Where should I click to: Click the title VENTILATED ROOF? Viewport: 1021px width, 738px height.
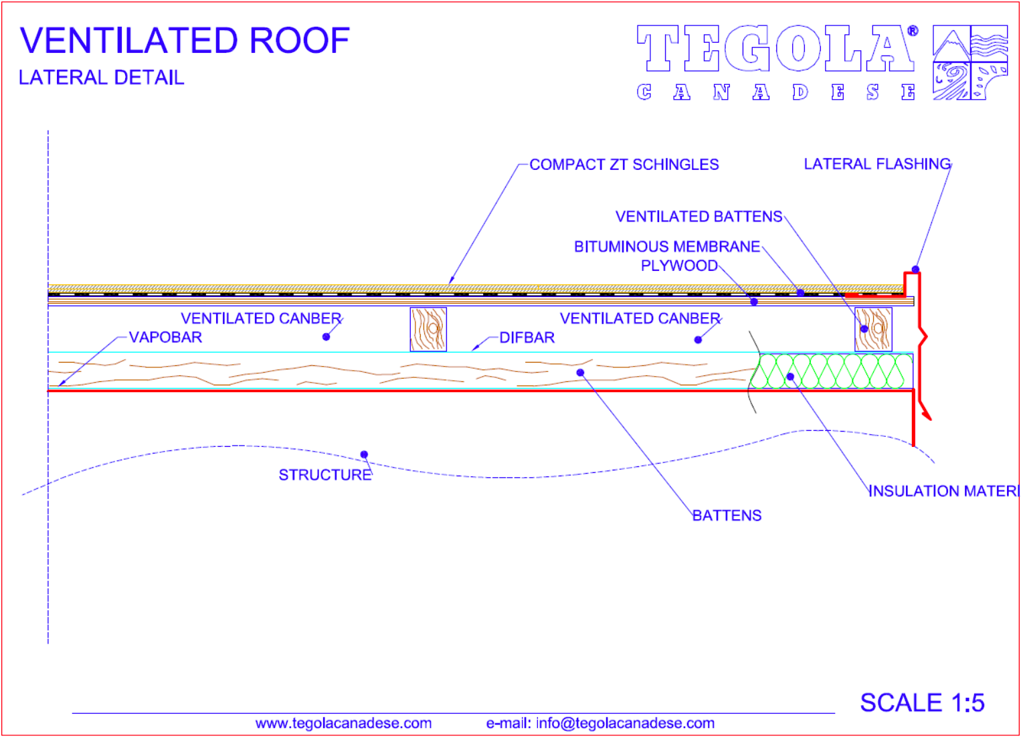tap(185, 41)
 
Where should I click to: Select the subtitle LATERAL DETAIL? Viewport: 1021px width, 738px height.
tap(101, 78)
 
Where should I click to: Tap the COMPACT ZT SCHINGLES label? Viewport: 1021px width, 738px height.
tap(624, 165)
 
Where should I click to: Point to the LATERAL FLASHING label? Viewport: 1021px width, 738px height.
tap(877, 164)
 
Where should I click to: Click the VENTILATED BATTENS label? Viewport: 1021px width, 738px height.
tap(699, 217)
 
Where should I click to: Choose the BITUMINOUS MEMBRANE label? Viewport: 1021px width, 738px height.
tap(667, 247)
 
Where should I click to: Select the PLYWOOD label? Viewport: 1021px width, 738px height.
tap(679, 266)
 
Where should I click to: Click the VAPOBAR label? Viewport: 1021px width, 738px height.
tap(165, 337)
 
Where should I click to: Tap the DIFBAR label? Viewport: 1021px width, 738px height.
tap(527, 338)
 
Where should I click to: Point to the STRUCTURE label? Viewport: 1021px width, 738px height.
tap(325, 475)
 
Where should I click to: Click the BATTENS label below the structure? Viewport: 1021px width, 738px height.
tap(727, 516)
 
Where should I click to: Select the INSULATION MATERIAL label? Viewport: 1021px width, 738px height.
tap(944, 491)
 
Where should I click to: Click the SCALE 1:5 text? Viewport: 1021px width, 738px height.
tap(922, 703)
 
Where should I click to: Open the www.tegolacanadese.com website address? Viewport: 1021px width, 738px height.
tap(343, 723)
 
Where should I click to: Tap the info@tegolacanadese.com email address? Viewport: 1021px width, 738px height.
tap(625, 723)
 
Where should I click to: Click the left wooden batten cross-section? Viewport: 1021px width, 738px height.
tap(428, 329)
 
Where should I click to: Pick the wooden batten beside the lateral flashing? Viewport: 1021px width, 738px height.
tap(873, 329)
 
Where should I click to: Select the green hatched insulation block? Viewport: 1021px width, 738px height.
tap(832, 371)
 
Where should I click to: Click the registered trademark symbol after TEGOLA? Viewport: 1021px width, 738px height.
tap(913, 31)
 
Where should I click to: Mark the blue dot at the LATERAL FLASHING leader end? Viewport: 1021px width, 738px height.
tap(915, 270)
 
